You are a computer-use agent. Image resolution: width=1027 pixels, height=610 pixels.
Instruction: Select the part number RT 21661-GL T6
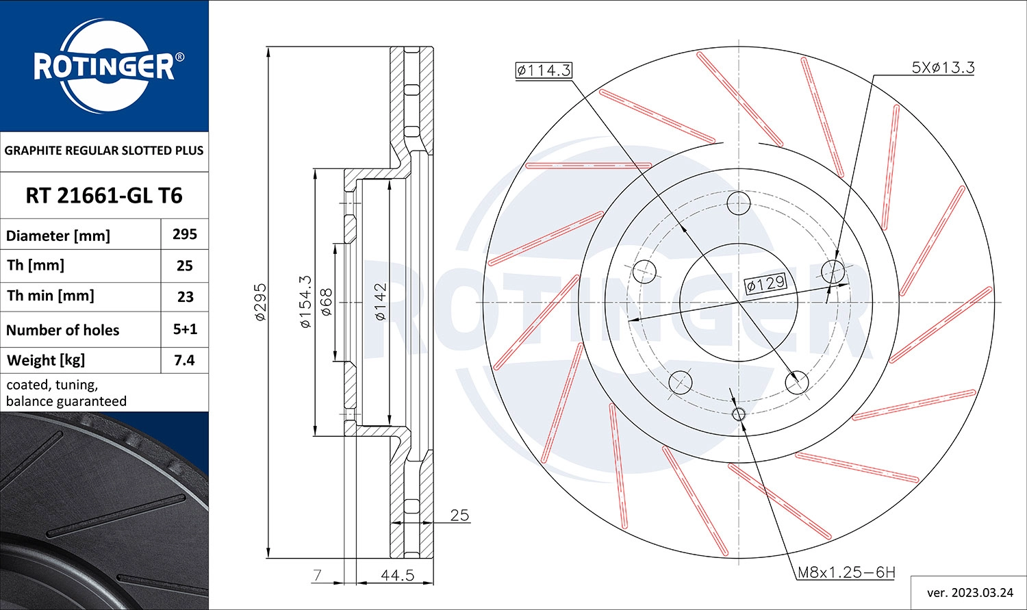(x=104, y=196)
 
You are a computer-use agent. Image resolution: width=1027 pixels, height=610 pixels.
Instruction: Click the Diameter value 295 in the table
(x=185, y=234)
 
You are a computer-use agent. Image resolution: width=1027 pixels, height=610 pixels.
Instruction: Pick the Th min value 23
(x=185, y=296)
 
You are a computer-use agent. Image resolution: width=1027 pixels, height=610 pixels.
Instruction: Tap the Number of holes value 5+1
(x=185, y=329)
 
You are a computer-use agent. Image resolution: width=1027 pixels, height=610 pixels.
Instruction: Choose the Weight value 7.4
(x=185, y=360)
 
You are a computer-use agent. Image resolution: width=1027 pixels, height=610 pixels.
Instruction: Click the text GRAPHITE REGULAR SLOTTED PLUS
(x=104, y=151)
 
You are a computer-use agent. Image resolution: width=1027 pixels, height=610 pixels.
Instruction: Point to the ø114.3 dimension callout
(x=544, y=70)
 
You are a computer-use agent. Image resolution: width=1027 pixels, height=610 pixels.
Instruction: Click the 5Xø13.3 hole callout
(x=943, y=67)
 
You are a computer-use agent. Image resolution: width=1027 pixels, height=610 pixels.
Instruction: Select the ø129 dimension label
(x=765, y=283)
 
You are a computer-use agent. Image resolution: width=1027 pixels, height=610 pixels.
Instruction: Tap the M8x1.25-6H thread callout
(x=846, y=572)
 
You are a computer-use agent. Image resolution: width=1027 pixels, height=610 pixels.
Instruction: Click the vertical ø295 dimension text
(x=260, y=302)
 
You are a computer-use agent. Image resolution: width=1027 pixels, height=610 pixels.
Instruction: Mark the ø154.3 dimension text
(x=305, y=302)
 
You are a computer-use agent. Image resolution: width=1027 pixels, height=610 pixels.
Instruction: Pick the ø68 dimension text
(x=327, y=302)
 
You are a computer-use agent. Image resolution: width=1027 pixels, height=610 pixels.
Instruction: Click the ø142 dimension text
(x=381, y=302)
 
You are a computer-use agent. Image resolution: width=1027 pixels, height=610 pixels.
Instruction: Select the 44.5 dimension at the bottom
(x=397, y=575)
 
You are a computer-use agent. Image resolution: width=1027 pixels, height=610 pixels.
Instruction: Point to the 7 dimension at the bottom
(x=316, y=575)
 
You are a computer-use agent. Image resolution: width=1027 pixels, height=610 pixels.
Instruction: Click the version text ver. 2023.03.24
(x=969, y=592)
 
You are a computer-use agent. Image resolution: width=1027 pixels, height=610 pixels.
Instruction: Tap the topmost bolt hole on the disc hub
(x=739, y=203)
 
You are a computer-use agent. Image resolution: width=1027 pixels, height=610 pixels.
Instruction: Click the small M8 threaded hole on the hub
(x=739, y=414)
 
